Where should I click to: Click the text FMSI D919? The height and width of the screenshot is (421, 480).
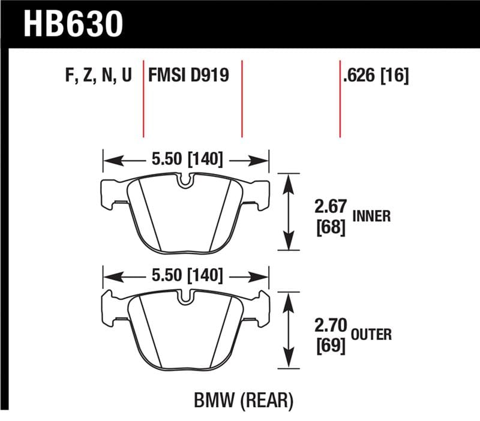(188, 77)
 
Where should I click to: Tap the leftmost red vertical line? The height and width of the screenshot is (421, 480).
(143, 99)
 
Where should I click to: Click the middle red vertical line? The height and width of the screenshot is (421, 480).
(242, 99)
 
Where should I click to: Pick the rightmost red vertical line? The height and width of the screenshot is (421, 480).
(340, 99)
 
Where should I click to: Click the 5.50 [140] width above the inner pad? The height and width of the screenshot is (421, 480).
(185, 160)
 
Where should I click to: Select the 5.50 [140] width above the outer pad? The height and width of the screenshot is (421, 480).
(185, 276)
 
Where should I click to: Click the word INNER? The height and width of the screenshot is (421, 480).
(371, 216)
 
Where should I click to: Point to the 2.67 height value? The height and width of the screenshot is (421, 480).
(330, 208)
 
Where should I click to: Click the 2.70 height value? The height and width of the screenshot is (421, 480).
(330, 325)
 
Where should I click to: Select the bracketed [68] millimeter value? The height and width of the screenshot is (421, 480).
(330, 228)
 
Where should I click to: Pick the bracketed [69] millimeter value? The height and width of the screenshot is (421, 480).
(330, 346)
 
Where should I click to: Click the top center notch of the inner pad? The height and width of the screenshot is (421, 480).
(186, 180)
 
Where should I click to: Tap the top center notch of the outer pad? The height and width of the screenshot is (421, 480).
(186, 296)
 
